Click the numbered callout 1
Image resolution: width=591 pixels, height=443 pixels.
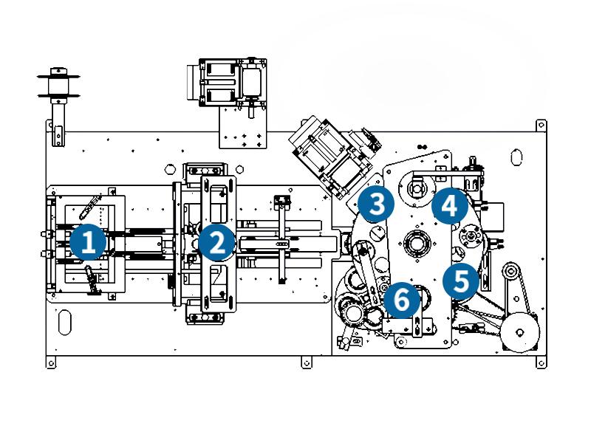(88, 242)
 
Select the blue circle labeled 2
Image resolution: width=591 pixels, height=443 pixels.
(216, 242)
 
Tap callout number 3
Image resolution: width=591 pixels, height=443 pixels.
(377, 204)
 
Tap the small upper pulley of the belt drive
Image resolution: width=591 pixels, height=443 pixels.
(510, 272)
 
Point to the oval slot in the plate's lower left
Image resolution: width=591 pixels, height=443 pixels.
(65, 323)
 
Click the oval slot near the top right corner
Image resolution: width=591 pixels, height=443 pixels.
(516, 157)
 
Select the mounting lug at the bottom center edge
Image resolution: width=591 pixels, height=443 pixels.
(306, 363)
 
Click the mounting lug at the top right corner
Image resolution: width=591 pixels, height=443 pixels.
(541, 125)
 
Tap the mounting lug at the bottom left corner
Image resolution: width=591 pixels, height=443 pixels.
(51, 363)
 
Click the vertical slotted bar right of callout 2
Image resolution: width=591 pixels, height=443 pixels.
(281, 238)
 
